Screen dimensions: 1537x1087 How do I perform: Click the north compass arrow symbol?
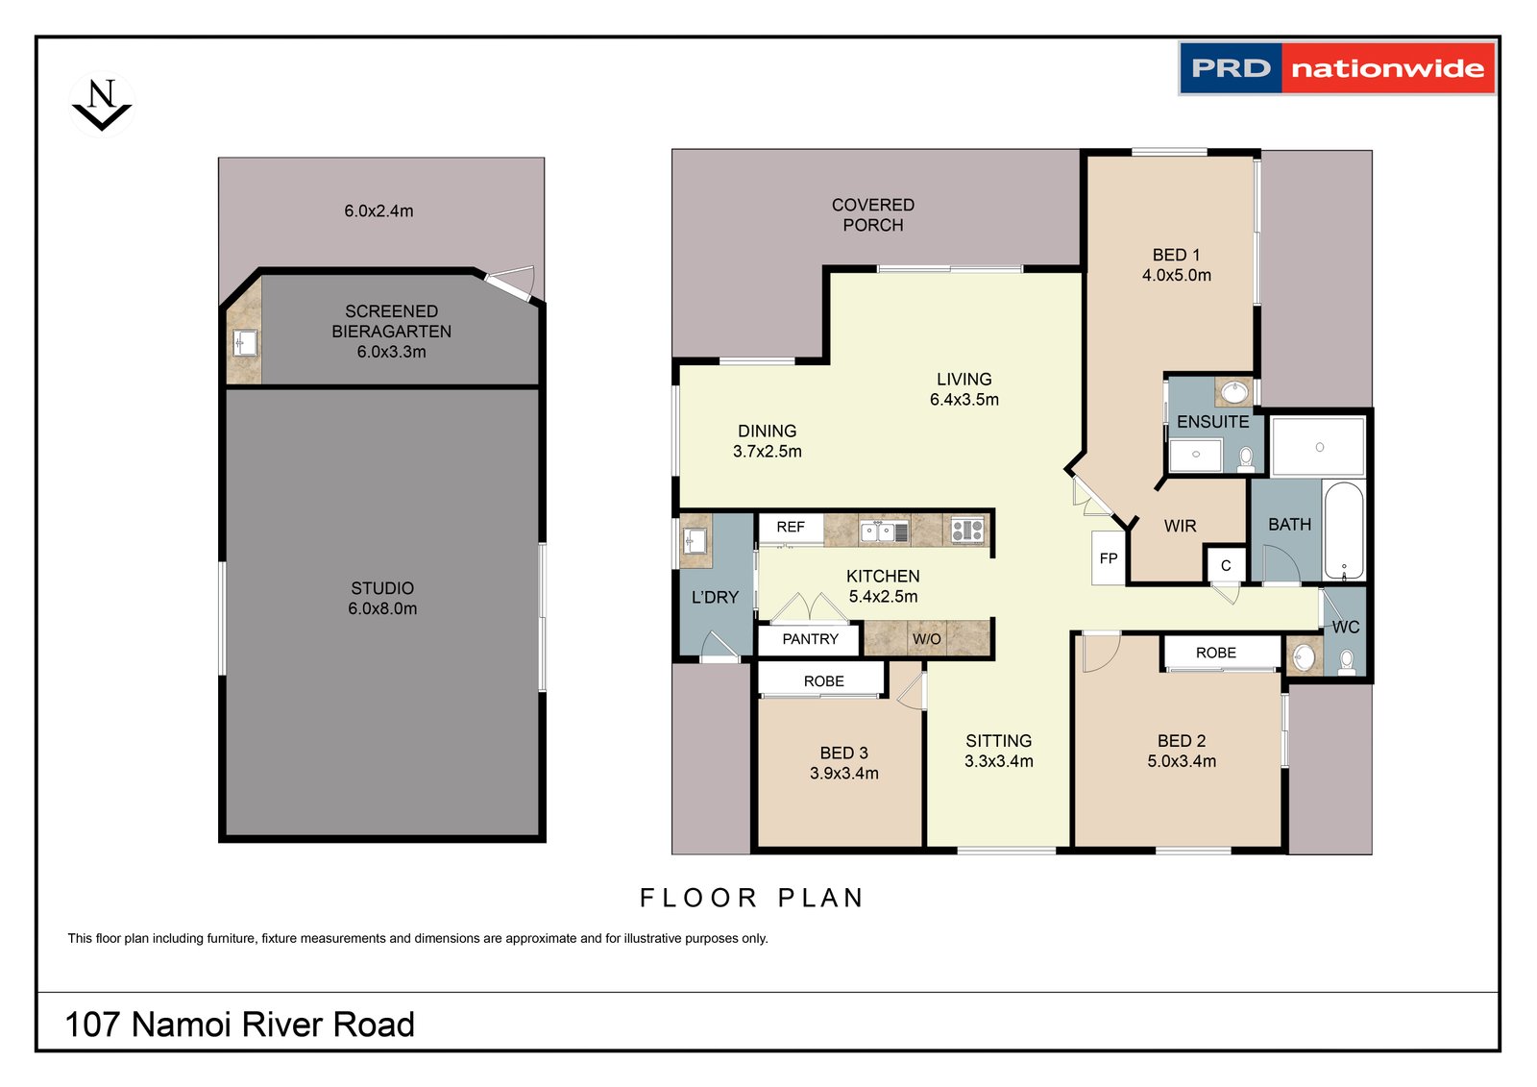(x=102, y=105)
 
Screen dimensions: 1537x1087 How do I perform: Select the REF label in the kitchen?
(x=791, y=527)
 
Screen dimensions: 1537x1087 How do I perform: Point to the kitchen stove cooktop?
(x=966, y=531)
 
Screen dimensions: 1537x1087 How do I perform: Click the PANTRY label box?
(x=810, y=639)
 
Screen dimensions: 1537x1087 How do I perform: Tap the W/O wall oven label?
(x=926, y=639)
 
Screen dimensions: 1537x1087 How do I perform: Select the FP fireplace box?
(x=1109, y=557)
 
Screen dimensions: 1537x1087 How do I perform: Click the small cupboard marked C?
(x=1226, y=565)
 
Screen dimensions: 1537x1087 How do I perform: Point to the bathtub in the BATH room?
(x=1344, y=531)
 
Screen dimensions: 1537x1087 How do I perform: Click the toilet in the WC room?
(x=1346, y=662)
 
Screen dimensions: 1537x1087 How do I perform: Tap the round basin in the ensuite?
(x=1234, y=393)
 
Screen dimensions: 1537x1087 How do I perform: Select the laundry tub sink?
(x=695, y=540)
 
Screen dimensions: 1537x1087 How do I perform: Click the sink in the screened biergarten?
(x=245, y=343)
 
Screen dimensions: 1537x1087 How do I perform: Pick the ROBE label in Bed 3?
(x=823, y=681)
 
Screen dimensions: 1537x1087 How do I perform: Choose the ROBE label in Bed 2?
(x=1216, y=653)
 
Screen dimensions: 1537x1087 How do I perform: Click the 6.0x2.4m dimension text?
(x=378, y=210)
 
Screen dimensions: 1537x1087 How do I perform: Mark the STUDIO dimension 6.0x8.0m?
(x=382, y=608)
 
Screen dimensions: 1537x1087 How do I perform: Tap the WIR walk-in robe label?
(x=1181, y=526)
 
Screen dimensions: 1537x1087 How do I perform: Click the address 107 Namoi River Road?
(x=240, y=1025)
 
